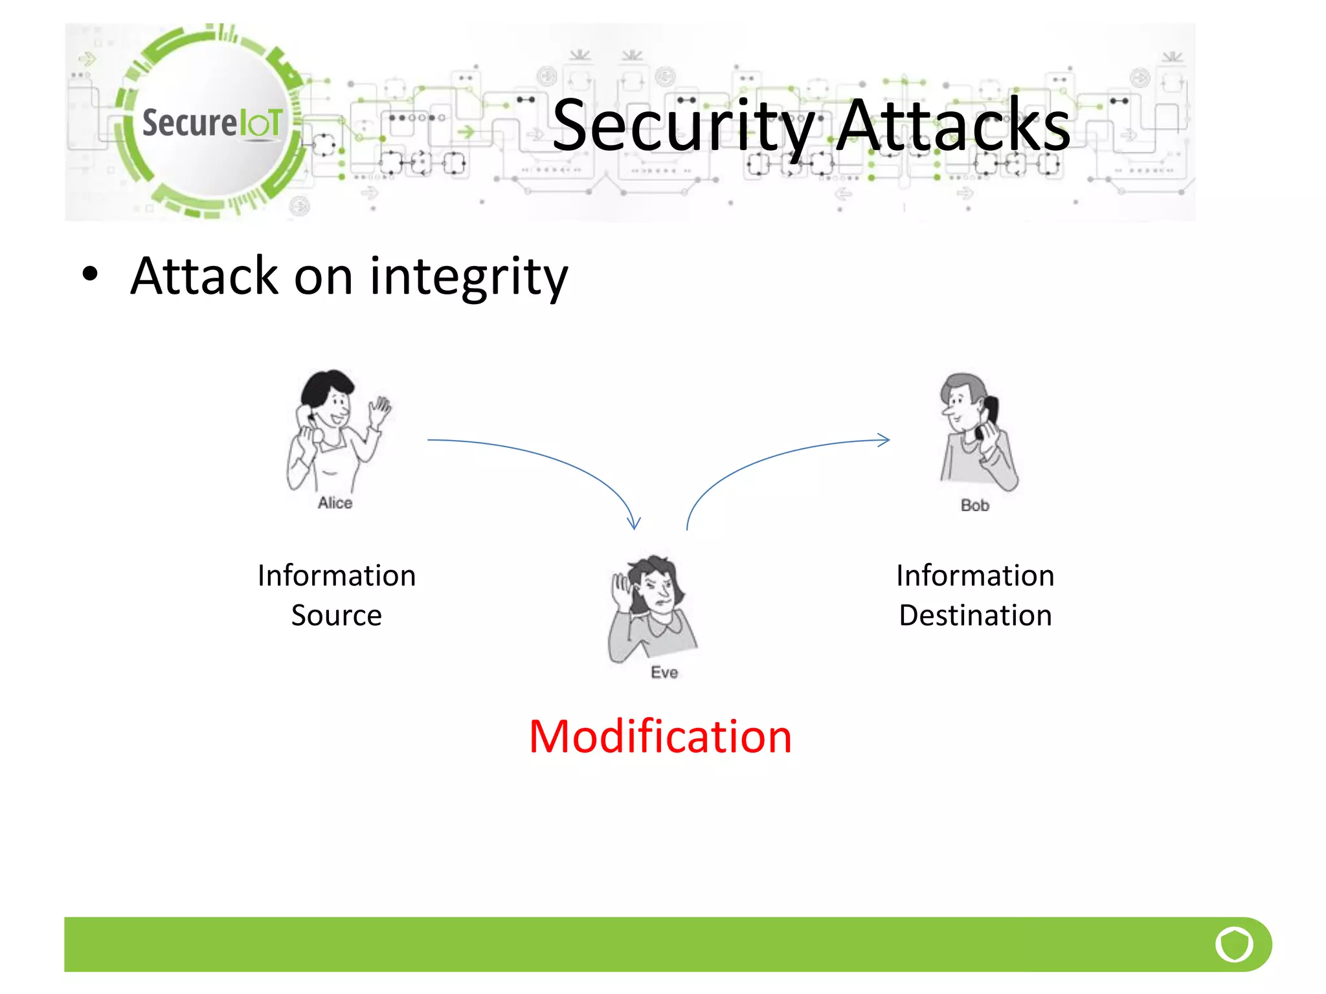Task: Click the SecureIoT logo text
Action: (212, 123)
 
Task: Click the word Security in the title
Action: (682, 127)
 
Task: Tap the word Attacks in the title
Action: (952, 126)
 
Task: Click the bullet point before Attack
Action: (90, 274)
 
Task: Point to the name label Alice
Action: (335, 503)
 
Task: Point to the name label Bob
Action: (974, 505)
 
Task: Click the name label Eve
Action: (664, 672)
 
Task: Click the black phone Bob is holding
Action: (989, 414)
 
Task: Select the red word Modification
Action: (660, 736)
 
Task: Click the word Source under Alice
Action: (336, 615)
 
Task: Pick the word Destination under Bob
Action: (975, 615)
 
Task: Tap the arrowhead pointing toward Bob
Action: (884, 440)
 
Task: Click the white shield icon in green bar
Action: (1233, 944)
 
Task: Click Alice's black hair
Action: (327, 384)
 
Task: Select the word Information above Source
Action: (336, 576)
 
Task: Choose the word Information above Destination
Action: (975, 576)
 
